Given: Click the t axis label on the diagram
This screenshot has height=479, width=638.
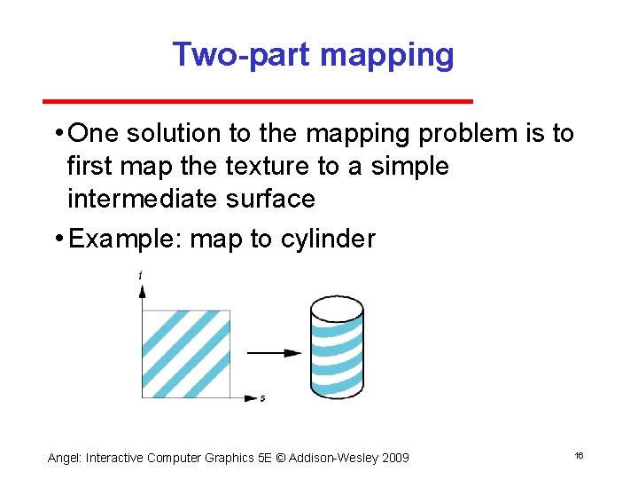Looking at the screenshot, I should pyautogui.click(x=140, y=276).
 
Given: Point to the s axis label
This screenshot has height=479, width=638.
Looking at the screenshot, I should pyautogui.click(x=262, y=398).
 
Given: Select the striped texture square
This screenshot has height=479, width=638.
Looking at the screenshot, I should pyautogui.click(x=186, y=352).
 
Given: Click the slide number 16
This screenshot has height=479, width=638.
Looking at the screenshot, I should pyautogui.click(x=579, y=455).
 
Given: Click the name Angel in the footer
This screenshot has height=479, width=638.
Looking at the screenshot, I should pyautogui.click(x=63, y=458).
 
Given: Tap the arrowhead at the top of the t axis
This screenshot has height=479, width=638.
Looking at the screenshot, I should pyautogui.click(x=142, y=289).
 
